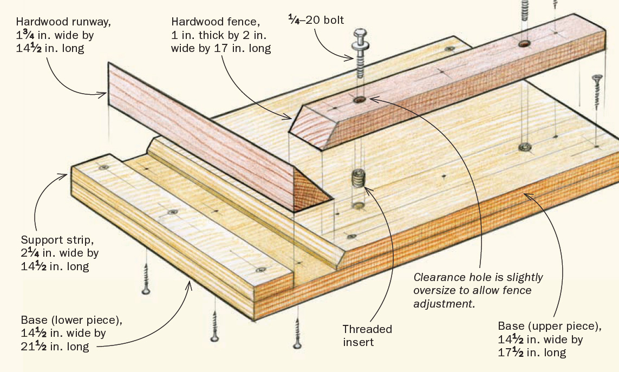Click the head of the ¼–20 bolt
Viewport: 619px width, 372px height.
(x=360, y=38)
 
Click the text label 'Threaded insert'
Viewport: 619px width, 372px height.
(x=367, y=335)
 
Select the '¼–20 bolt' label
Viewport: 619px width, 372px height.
(x=315, y=21)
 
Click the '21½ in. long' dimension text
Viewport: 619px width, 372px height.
(x=55, y=347)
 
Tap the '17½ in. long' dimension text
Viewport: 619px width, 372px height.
(x=532, y=353)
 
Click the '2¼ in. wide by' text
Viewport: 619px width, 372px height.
(x=60, y=253)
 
